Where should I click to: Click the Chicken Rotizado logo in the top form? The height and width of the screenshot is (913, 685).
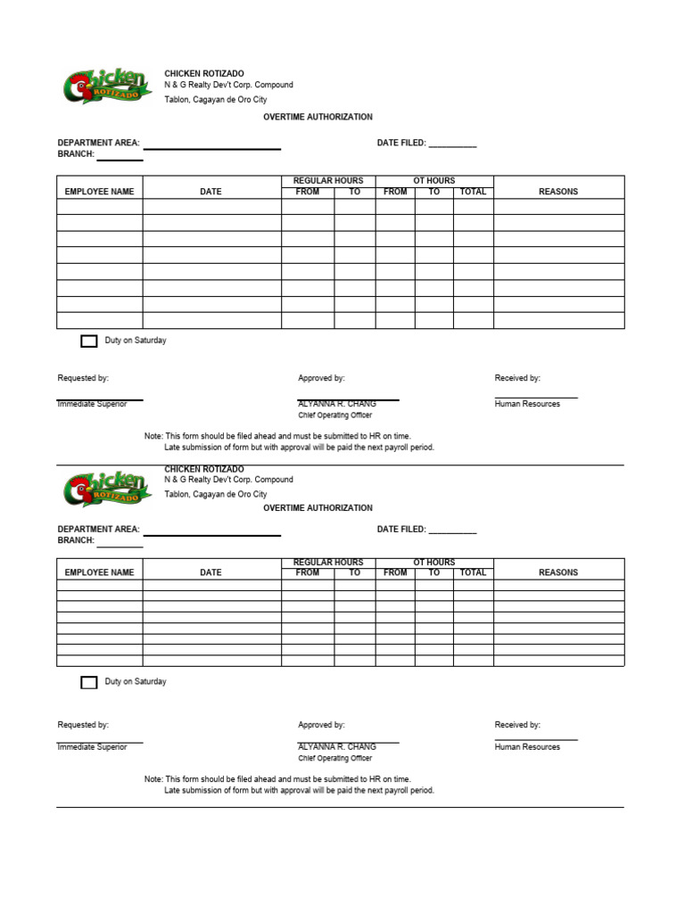point(95,87)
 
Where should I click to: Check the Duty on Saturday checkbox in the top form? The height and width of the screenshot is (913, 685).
point(89,341)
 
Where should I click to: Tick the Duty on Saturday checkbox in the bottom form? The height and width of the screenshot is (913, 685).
point(89,682)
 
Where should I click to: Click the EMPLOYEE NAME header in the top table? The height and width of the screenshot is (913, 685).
point(100,192)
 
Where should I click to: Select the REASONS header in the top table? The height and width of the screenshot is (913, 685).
point(558,192)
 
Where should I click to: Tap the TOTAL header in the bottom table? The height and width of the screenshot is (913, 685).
point(473,572)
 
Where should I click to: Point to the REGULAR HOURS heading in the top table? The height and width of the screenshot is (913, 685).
point(328,181)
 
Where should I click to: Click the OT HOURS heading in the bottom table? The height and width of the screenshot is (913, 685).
point(434,563)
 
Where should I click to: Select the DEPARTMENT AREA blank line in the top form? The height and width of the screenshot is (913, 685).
point(212,145)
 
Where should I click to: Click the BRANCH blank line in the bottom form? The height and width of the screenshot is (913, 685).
point(120,543)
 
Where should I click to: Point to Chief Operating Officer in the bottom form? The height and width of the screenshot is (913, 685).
point(335,759)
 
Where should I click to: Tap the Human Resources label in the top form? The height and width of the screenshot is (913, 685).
point(527,404)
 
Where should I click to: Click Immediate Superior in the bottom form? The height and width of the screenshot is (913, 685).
point(93,747)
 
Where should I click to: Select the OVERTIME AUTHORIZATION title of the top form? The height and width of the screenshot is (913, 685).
point(318,117)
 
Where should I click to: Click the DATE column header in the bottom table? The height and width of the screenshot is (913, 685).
point(211,572)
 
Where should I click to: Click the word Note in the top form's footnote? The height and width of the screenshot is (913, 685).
point(153,436)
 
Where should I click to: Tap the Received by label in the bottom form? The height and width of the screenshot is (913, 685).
point(517,725)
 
